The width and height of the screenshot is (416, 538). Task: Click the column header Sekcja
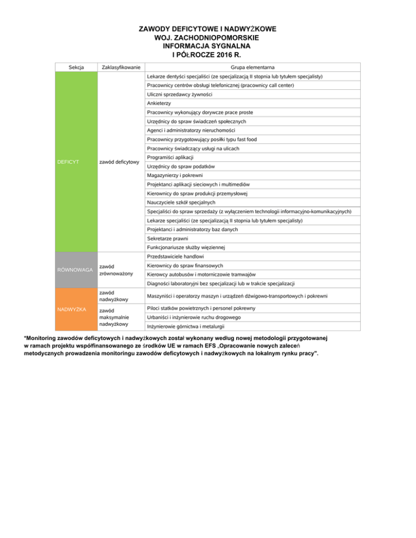77,68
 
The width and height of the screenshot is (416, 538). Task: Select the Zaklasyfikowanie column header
121,68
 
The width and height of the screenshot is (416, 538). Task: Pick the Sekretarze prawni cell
168,238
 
